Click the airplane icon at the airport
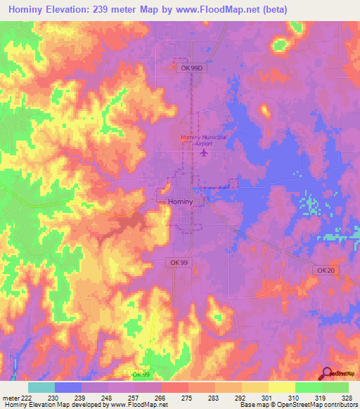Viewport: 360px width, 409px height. (205, 152)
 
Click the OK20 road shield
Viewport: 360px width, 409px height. (324, 270)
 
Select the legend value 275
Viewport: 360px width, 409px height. (189, 398)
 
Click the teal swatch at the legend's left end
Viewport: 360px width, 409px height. (41, 387)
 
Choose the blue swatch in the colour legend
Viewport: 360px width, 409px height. (68, 387)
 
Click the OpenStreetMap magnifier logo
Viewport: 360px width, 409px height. (326, 373)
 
